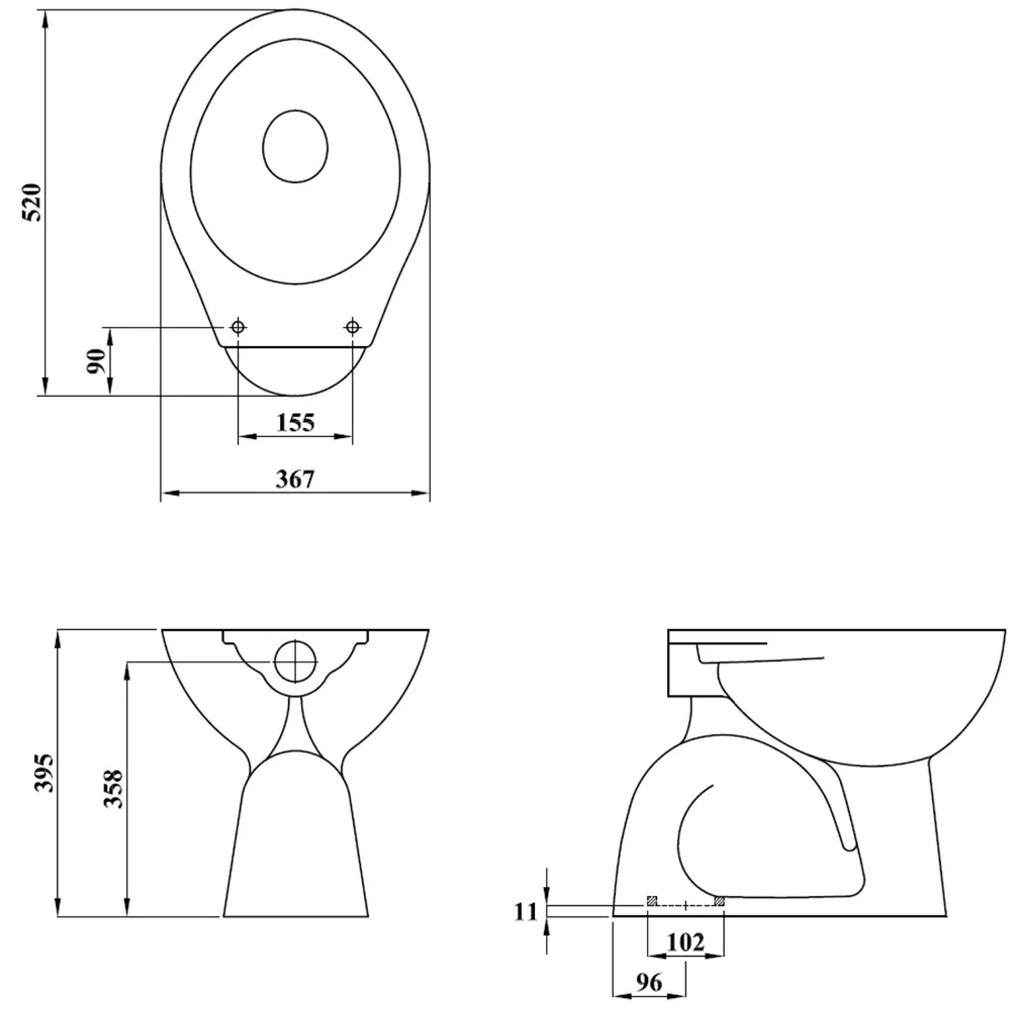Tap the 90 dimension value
pos(96,361)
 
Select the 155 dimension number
pos(296,423)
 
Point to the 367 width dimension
pos(296,479)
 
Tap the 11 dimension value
pos(525,912)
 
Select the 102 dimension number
pos(685,942)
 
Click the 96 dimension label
pos(649,982)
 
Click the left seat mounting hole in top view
pos(238,327)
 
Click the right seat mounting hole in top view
pos(352,327)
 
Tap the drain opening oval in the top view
pos(295,146)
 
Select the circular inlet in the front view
pos(296,661)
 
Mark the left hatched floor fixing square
pos(652,901)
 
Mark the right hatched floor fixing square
pos(719,901)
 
